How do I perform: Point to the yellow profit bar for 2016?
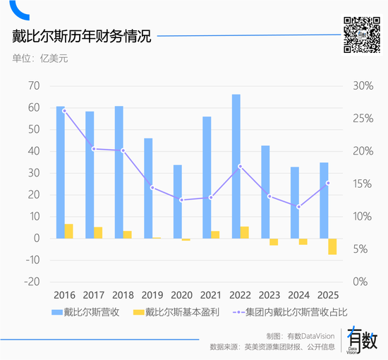(69, 231)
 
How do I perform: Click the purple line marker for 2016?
(64, 111)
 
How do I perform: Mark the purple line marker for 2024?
(299, 207)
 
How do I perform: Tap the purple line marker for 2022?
(241, 167)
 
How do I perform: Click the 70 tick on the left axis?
(33, 86)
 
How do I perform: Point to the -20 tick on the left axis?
(31, 282)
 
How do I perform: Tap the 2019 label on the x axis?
(152, 294)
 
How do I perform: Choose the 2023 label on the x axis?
(269, 294)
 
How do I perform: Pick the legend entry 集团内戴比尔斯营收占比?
(296, 311)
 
